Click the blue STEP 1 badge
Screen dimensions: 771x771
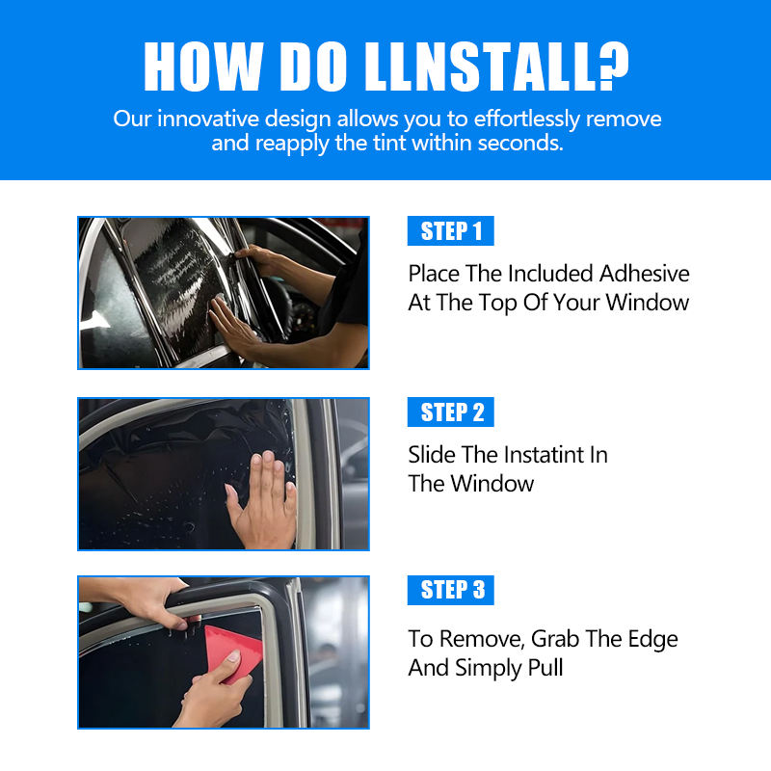(x=451, y=231)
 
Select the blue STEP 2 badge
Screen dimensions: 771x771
(x=451, y=412)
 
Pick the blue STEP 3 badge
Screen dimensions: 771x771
(x=451, y=590)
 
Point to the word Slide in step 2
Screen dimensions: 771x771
(x=431, y=454)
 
